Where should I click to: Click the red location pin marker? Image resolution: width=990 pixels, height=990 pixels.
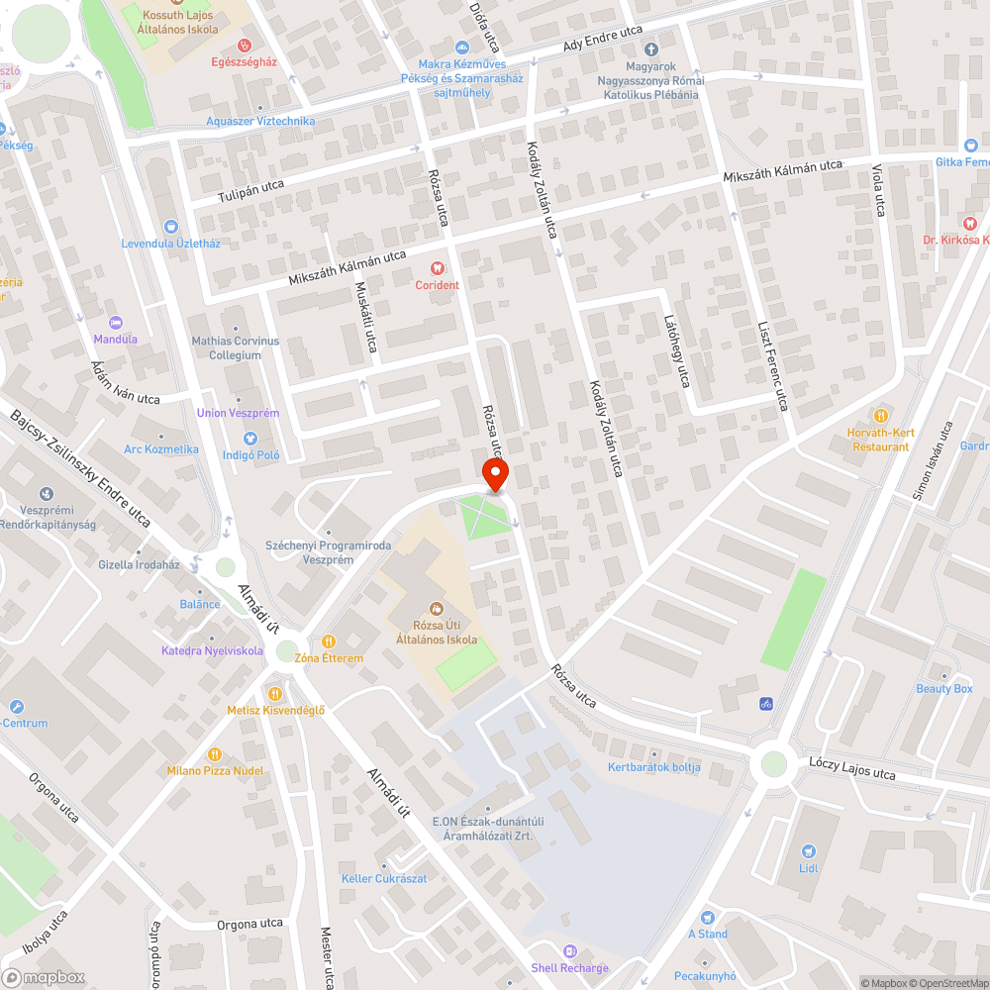point(495,474)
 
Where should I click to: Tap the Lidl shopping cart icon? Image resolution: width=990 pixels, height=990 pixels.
point(809,850)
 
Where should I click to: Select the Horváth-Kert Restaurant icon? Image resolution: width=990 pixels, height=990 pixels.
point(880,414)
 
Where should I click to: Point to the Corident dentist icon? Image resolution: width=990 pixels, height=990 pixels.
point(437,268)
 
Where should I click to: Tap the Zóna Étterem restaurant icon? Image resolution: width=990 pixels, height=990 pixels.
point(329,641)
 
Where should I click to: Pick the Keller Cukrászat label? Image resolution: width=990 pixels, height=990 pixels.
point(384,878)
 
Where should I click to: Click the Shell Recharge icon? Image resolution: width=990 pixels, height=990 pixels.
point(569,950)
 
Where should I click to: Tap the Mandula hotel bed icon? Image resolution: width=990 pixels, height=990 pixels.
point(115,323)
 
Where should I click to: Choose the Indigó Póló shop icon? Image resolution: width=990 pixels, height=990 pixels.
point(250,439)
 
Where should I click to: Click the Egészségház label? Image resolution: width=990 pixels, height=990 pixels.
point(245,61)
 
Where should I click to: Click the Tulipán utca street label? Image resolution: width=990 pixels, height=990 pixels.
point(251,192)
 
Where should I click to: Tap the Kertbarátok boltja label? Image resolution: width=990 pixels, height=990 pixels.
point(653,767)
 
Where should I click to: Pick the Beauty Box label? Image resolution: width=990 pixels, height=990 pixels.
point(944,689)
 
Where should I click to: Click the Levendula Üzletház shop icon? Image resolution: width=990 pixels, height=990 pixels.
point(169,227)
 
